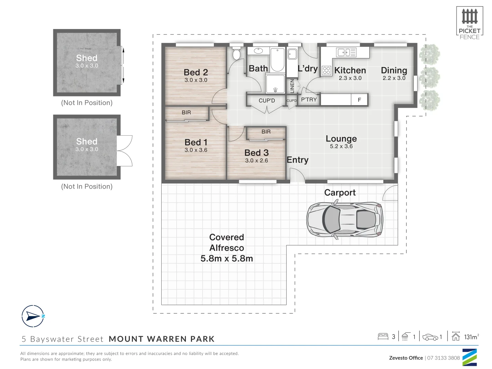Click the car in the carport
coord(344,219)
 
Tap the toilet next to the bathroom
coord(236,54)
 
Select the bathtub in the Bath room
coord(277,59)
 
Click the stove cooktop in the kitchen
coord(326,70)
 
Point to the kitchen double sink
coord(346,52)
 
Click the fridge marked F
coord(359,100)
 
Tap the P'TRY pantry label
coord(309,100)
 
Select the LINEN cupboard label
coord(292,86)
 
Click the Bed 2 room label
coord(196,72)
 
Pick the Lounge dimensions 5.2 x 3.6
coord(341,146)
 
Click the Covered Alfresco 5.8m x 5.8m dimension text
coord(227,258)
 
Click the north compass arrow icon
coord(33,316)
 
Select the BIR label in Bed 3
coord(266,132)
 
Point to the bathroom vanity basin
coord(258,51)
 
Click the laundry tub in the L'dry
coord(292,54)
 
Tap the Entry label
coord(298,160)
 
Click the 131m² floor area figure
coord(471,337)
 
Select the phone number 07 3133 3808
coord(443,358)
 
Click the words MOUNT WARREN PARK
coord(162,339)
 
